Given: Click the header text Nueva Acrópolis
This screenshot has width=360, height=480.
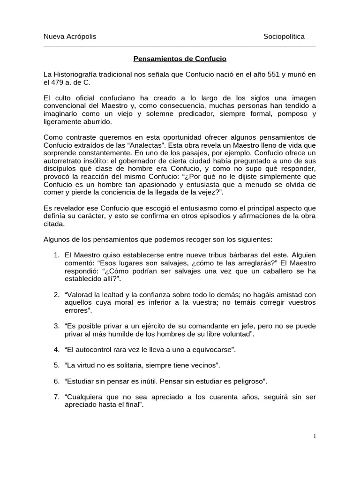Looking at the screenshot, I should tap(70, 37).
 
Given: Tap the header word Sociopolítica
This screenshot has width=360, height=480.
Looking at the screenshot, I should tap(284, 37).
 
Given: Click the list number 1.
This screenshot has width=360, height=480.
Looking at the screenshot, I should tap(56, 255).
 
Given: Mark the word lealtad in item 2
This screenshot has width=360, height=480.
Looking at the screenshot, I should tap(121, 295).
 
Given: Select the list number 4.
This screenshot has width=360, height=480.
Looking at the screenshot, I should tap(56, 350).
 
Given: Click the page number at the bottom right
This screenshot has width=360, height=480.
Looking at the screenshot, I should tap(315, 436).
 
